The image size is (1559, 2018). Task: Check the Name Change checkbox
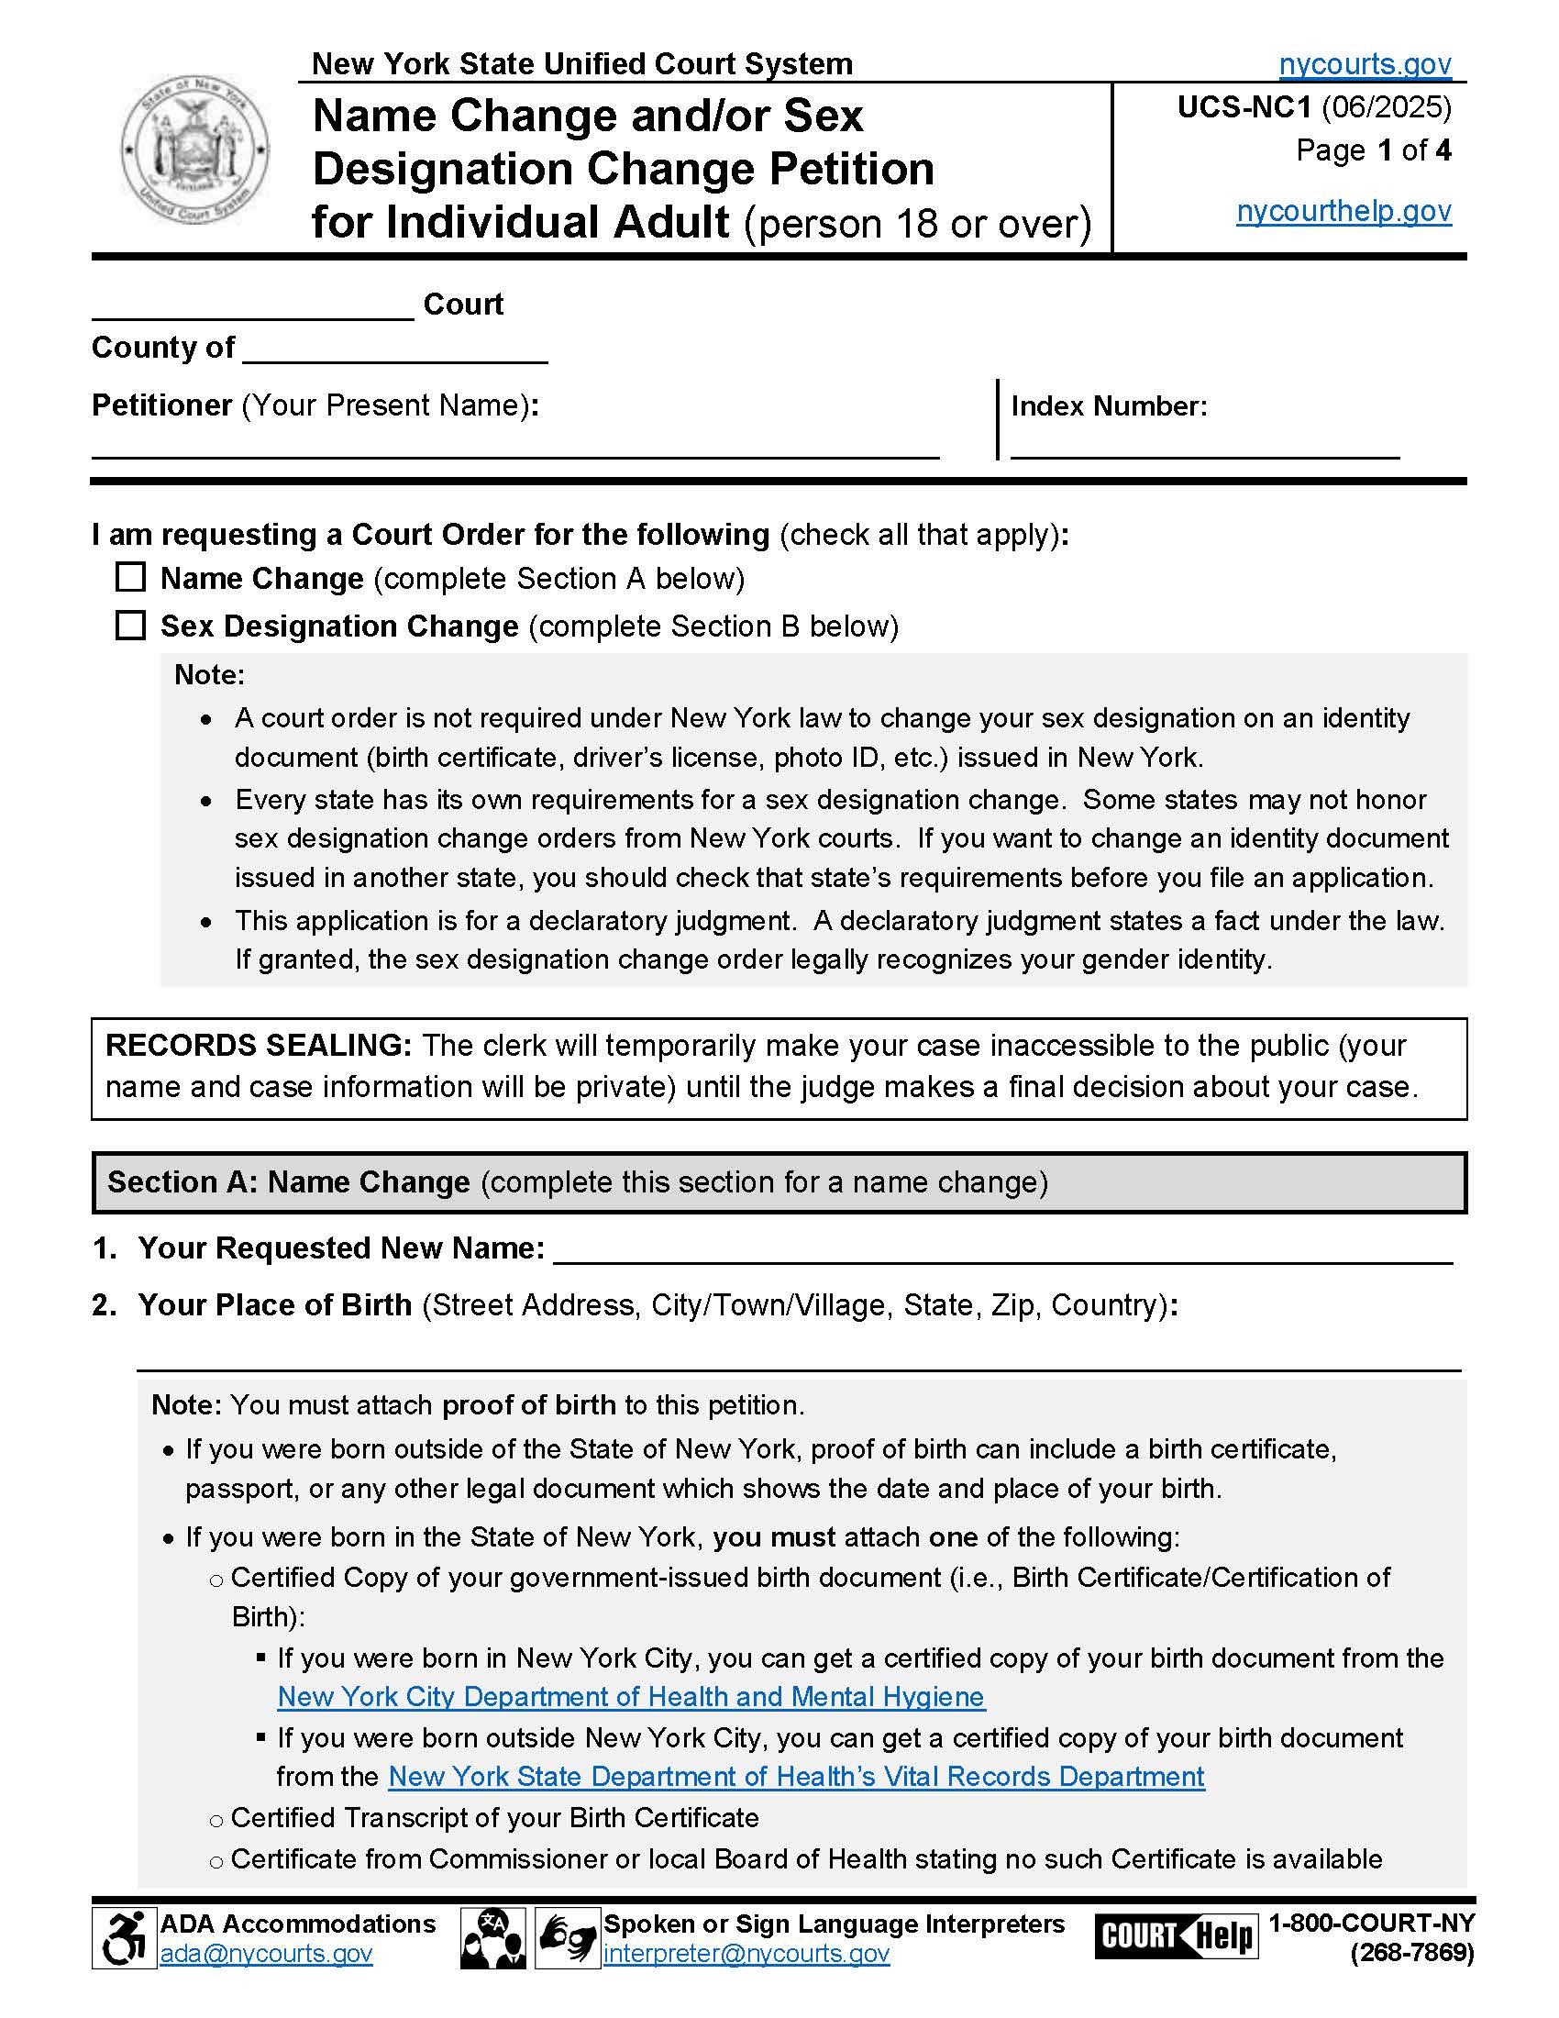(x=130, y=578)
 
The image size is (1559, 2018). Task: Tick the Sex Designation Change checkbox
(x=130, y=626)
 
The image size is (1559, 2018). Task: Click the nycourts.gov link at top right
(x=1365, y=64)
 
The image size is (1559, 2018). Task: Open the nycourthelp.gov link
(x=1343, y=212)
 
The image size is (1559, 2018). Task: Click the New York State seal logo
(x=193, y=150)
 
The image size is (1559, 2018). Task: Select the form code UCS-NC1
(x=1244, y=108)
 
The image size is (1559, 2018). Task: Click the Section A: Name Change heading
(x=288, y=1181)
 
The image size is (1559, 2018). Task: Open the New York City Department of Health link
(x=631, y=1697)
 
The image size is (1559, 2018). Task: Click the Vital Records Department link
(x=796, y=1777)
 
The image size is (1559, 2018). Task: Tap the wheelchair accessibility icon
(x=124, y=1938)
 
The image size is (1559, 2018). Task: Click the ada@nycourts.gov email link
(x=266, y=1953)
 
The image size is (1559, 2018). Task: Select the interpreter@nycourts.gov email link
(x=746, y=1953)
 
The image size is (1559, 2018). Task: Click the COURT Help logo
(x=1176, y=1935)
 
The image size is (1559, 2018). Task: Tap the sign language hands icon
(x=567, y=1938)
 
